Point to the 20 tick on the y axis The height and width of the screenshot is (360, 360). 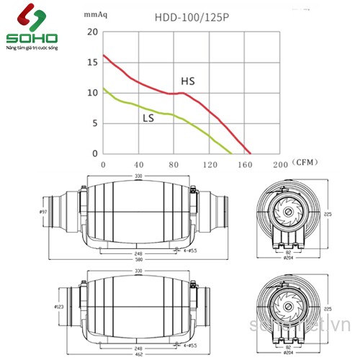91,32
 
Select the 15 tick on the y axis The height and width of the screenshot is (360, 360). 91,63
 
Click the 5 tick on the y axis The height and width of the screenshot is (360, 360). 94,123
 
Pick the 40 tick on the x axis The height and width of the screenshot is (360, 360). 139,165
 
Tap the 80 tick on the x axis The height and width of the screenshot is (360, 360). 174,165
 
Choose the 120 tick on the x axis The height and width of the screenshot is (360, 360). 210,165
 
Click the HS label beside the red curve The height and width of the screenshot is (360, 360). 187,81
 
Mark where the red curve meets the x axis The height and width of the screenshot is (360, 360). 251,153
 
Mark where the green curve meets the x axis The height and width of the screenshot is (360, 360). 232,153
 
